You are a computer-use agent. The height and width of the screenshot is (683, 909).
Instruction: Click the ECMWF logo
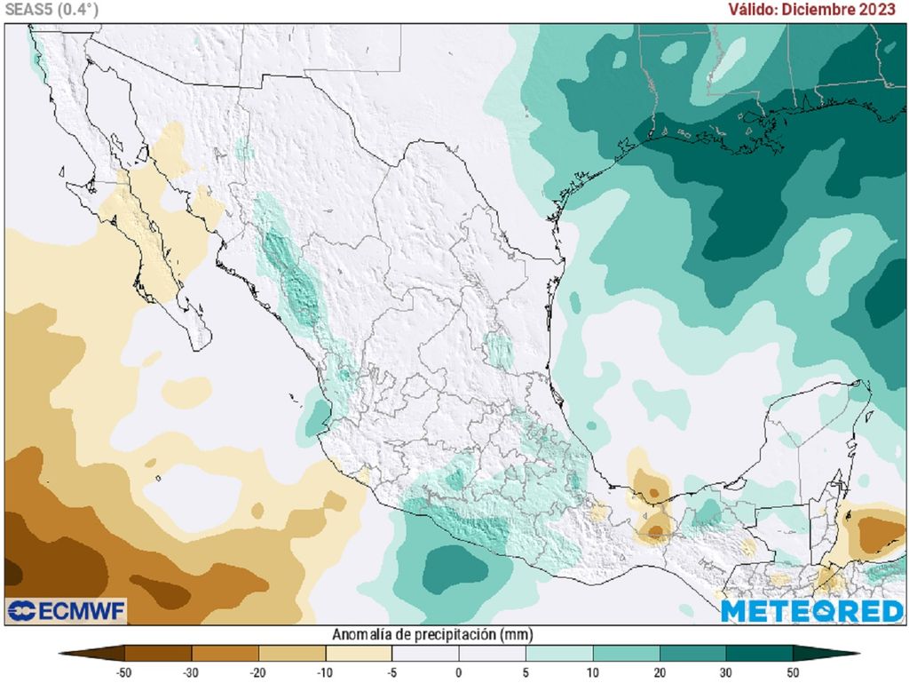[67, 611]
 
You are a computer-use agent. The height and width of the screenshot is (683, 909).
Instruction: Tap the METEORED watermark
[811, 611]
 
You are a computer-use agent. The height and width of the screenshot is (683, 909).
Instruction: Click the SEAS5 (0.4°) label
[51, 10]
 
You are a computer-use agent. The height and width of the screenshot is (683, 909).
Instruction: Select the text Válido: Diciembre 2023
[811, 10]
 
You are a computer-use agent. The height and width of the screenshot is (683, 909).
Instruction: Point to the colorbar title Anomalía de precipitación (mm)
[431, 634]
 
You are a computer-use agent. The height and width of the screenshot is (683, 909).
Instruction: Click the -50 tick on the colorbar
[124, 671]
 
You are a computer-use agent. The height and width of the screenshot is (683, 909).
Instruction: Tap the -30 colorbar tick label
[191, 671]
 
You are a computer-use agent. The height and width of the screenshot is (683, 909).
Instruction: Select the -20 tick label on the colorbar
[258, 671]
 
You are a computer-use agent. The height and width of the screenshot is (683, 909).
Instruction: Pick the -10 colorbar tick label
[325, 671]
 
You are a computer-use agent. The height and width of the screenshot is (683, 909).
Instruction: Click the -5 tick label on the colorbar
[391, 671]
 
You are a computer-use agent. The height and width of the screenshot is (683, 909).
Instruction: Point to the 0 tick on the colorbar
[459, 671]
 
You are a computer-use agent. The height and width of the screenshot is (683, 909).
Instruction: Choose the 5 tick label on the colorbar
[526, 671]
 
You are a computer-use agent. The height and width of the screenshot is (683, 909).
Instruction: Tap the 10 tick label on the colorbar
[592, 671]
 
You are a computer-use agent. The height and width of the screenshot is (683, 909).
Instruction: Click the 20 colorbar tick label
[659, 671]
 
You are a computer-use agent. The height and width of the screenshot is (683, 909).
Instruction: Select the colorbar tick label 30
[726, 671]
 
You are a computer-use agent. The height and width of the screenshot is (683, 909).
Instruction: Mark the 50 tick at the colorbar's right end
[793, 671]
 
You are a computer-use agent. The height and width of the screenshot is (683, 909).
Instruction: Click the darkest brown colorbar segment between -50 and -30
[158, 654]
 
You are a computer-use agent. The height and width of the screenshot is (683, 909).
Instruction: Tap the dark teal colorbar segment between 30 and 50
[759, 654]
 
